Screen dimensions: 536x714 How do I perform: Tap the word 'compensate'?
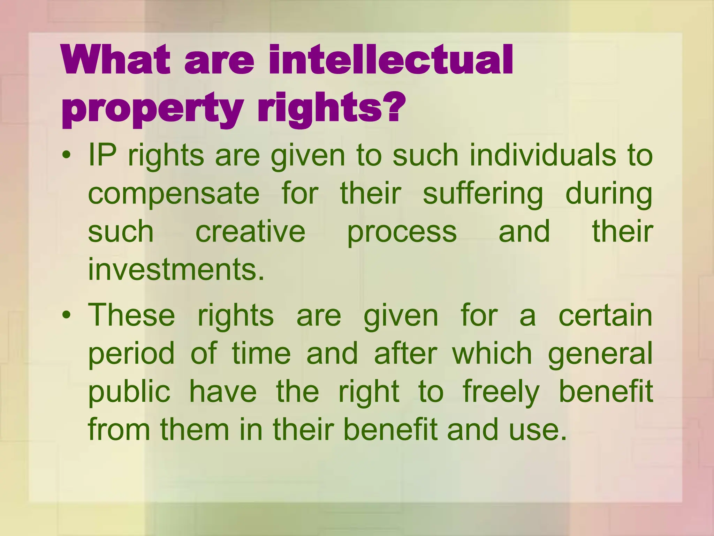pos(174,194)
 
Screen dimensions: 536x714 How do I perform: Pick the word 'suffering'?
pos(483,194)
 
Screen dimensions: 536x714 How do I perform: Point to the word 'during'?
pos(609,194)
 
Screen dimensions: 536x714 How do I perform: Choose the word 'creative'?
pos(250,232)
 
